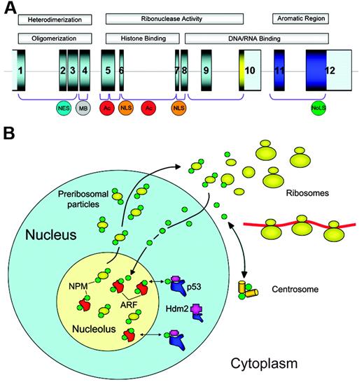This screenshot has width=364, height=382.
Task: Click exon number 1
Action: point(21,70)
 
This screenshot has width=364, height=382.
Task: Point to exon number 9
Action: point(206,70)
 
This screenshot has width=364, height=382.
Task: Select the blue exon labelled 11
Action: point(279,70)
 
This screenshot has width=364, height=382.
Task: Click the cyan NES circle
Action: point(63,108)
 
